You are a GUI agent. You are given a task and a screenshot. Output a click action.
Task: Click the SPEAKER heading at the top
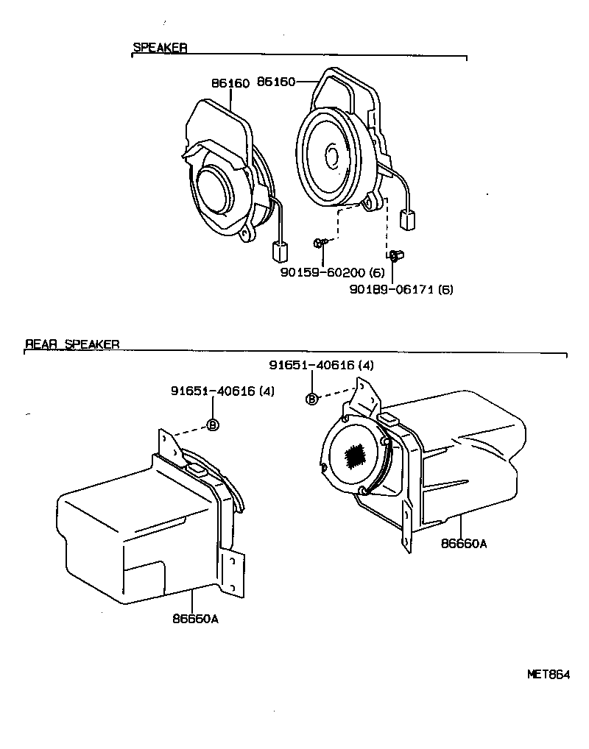160,48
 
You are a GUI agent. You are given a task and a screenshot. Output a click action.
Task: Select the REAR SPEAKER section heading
72,344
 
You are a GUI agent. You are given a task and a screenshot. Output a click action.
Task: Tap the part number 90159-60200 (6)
338,272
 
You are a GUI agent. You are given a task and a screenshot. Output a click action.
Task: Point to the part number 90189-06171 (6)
401,289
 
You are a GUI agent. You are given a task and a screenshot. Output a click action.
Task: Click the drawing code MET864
549,674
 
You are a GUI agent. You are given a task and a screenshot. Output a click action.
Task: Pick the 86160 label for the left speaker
230,83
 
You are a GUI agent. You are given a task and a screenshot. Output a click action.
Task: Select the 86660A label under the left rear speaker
196,619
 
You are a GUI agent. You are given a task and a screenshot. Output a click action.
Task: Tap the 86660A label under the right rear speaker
464,544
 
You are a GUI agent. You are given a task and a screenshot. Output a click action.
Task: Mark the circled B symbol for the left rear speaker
213,425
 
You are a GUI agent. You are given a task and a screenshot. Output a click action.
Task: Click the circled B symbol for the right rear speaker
311,399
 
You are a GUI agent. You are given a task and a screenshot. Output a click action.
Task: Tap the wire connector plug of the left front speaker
280,252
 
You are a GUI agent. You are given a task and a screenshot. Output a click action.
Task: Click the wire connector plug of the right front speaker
406,219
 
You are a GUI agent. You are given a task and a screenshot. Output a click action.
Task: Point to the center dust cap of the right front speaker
332,157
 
